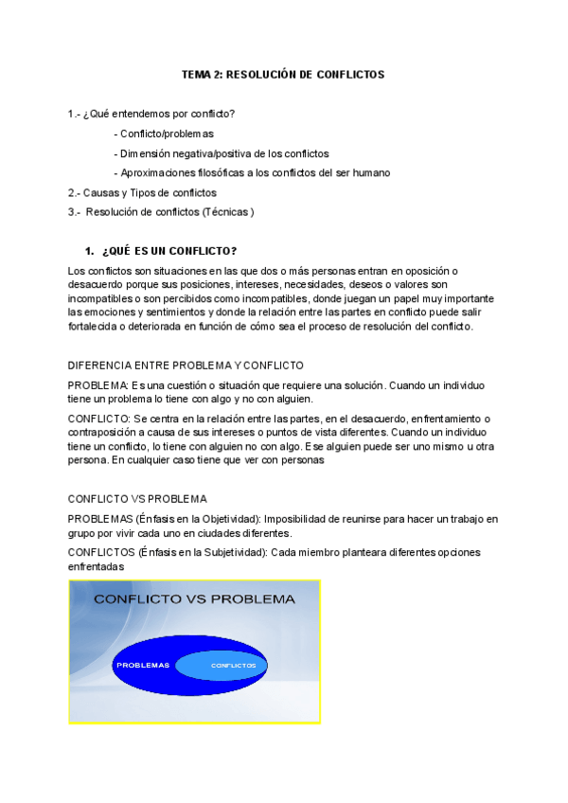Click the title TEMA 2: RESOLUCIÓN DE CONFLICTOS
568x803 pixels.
[x=283, y=74]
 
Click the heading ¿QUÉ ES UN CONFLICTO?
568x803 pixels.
[x=169, y=251]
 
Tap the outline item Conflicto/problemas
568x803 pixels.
[x=164, y=134]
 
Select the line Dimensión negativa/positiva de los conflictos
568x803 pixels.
[x=222, y=153]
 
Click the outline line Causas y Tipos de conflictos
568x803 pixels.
[x=143, y=192]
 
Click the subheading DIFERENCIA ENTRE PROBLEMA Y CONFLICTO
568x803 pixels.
[x=186, y=366]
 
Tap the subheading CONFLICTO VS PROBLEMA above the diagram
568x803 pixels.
[x=137, y=499]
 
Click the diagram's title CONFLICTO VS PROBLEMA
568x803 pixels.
[x=194, y=598]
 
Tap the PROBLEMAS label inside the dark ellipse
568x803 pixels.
[x=143, y=665]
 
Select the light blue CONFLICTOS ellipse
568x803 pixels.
[x=233, y=665]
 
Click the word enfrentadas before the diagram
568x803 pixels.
[x=96, y=565]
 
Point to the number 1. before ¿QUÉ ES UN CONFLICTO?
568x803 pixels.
[x=90, y=251]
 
